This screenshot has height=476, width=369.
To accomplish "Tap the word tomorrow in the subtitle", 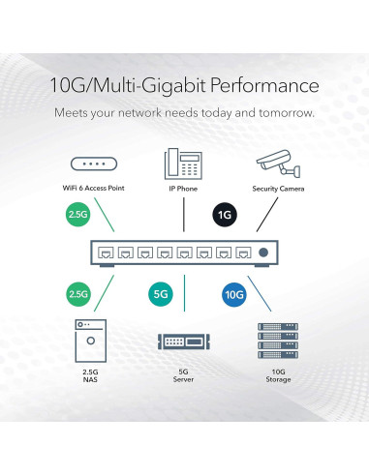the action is click(x=285, y=113).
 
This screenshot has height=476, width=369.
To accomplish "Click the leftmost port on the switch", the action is click(x=103, y=253).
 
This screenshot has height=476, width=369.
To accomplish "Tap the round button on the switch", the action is click(x=261, y=253).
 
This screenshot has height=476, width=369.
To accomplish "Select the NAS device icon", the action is click(x=89, y=342).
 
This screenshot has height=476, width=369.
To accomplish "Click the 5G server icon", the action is click(x=184, y=342).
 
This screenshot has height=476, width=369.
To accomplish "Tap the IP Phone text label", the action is click(x=184, y=188).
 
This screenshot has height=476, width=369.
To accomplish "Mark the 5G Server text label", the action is click(x=184, y=374).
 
